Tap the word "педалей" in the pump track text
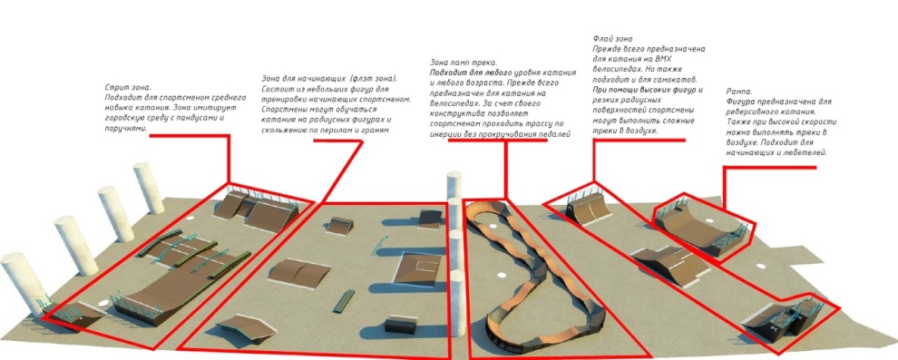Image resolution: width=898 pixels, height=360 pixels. tap(557, 134)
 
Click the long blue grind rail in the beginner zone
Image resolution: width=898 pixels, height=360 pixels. tap(344, 302)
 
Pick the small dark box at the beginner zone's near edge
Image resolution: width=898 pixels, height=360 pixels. tap(398, 325)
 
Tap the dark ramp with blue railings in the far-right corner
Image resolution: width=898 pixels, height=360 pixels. tap(786, 317)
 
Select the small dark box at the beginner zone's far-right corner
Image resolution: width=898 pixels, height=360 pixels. tap(430, 219)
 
